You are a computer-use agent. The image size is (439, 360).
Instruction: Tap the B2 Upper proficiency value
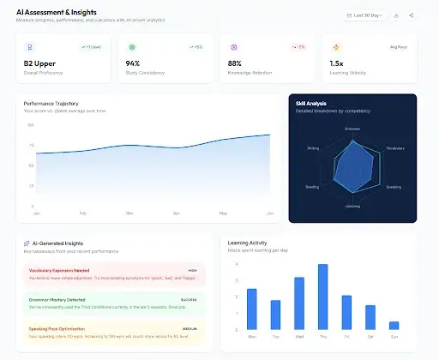pyautogui.click(x=40, y=63)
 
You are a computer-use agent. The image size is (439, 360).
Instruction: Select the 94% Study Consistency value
pyautogui.click(x=133, y=63)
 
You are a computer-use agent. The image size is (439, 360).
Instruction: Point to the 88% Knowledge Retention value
pyautogui.click(x=235, y=63)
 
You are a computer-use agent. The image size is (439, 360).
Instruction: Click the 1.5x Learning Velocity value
pyautogui.click(x=337, y=63)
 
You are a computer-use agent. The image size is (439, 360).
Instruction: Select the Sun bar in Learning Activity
pyautogui.click(x=394, y=325)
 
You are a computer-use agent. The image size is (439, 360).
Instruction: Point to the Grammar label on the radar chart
pyautogui.click(x=352, y=129)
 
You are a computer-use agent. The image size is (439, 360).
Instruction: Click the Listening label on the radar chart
pyautogui.click(x=352, y=207)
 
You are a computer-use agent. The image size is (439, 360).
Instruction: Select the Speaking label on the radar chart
pyautogui.click(x=393, y=186)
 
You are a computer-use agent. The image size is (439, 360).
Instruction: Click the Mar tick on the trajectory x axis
pyautogui.click(x=129, y=212)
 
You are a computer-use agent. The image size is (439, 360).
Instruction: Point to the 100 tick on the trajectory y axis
pyautogui.click(x=31, y=125)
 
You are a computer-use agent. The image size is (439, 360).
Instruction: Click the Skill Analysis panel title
pyautogui.click(x=311, y=104)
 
